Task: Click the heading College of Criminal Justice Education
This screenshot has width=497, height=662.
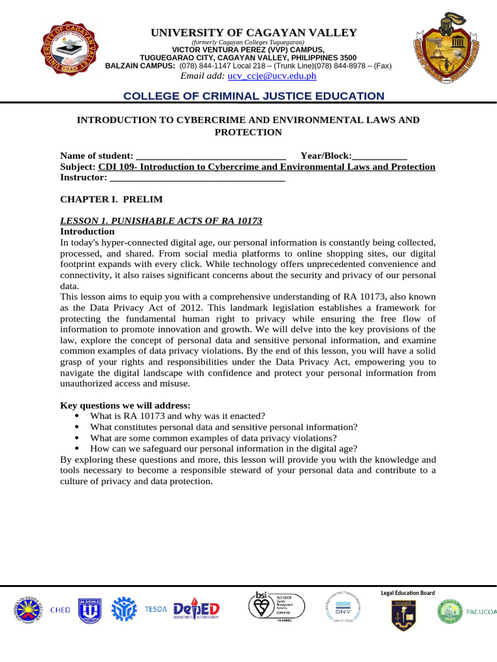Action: click(254, 96)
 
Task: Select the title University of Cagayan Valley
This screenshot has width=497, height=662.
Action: click(254, 33)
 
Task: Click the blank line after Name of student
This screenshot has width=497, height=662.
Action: click(211, 156)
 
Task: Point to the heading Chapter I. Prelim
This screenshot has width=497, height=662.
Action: click(111, 199)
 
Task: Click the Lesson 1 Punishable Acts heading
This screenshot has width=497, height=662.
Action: click(161, 220)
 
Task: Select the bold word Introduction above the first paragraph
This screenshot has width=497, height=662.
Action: click(87, 231)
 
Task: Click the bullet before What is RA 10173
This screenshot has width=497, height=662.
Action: click(78, 416)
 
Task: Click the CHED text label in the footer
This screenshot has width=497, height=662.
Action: click(60, 610)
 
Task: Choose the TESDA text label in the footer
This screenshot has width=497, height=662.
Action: click(155, 609)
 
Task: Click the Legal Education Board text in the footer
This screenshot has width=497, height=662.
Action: click(408, 593)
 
